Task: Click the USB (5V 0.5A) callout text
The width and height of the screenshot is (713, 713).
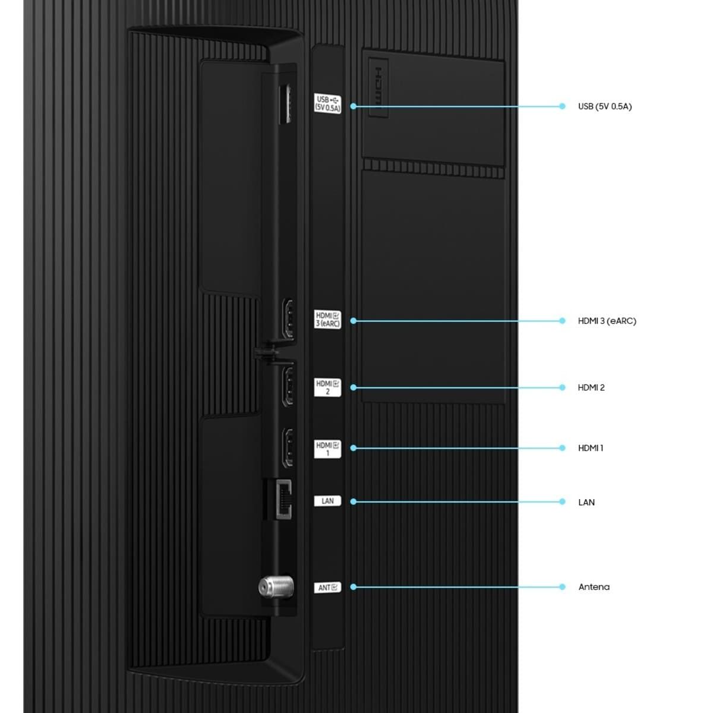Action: tap(605, 106)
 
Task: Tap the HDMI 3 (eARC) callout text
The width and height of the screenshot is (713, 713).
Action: tap(607, 321)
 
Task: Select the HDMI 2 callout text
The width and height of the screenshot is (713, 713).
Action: tap(591, 387)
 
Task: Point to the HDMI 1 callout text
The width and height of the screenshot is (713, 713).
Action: tap(591, 448)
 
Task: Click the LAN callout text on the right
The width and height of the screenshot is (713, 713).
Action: tap(586, 502)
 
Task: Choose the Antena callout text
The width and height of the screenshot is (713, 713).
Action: tap(594, 587)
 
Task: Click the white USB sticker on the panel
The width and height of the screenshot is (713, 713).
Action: tap(327, 103)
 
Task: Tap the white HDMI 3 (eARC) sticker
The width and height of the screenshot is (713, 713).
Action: tap(327, 319)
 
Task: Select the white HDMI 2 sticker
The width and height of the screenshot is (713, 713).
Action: tap(327, 387)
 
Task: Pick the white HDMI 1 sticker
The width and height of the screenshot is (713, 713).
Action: tap(327, 449)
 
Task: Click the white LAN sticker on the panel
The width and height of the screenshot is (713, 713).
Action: tap(327, 501)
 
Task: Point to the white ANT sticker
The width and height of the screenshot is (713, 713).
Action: tap(327, 588)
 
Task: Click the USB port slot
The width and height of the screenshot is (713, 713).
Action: tap(285, 104)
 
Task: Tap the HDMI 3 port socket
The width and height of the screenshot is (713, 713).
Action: tap(288, 319)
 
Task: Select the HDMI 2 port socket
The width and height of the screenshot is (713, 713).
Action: tap(288, 386)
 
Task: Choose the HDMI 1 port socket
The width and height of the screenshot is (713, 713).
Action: tap(288, 448)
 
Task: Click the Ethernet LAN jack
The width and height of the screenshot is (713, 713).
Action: tap(283, 500)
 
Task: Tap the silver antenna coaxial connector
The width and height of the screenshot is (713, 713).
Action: tap(276, 587)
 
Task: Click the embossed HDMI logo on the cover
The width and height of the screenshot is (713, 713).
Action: tap(378, 87)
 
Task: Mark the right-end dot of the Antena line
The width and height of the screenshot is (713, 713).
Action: tap(563, 587)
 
